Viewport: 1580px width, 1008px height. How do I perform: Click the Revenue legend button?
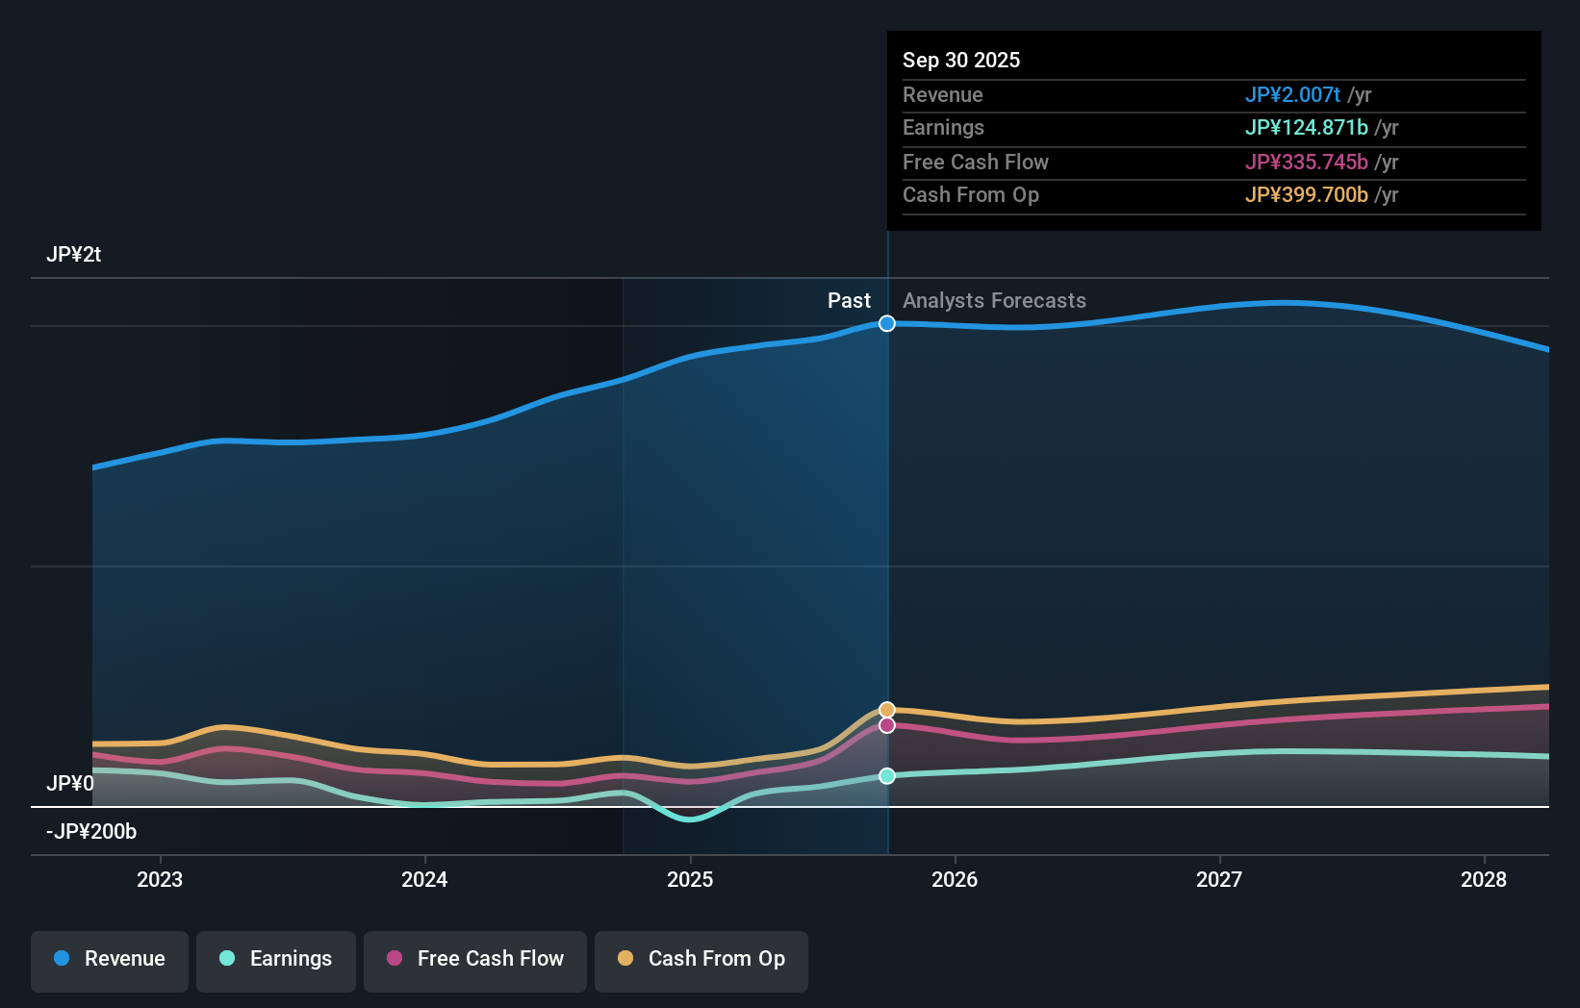pos(110,960)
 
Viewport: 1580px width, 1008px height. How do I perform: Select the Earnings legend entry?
pos(276,960)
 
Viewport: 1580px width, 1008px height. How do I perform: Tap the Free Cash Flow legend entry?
pos(475,960)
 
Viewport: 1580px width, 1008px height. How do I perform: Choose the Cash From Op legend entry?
pos(701,960)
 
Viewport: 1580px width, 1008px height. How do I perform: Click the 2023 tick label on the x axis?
pos(160,880)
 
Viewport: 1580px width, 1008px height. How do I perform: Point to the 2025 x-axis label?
pos(690,880)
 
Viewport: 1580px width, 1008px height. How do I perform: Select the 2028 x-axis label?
pos(1483,880)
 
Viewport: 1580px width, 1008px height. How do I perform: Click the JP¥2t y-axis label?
pos(73,255)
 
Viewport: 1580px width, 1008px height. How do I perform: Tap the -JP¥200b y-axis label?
pos(91,832)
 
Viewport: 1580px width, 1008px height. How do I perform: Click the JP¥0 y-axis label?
pos(70,784)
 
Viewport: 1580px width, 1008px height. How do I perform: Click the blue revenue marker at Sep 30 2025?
pos(887,324)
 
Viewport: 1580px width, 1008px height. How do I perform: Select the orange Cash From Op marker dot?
pos(887,711)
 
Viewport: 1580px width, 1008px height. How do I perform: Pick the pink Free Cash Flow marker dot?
pos(887,725)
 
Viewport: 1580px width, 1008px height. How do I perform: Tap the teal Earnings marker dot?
pos(887,776)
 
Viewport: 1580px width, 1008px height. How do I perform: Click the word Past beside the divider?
pos(849,301)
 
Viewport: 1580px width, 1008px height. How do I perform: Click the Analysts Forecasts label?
pos(994,301)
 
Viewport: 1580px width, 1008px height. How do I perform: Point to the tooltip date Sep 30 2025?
pos(961,61)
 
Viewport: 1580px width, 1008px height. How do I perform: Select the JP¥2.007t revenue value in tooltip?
pos(1292,95)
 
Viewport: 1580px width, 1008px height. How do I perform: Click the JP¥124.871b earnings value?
pos(1306,128)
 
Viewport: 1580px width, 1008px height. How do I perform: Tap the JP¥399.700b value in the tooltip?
pos(1306,195)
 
